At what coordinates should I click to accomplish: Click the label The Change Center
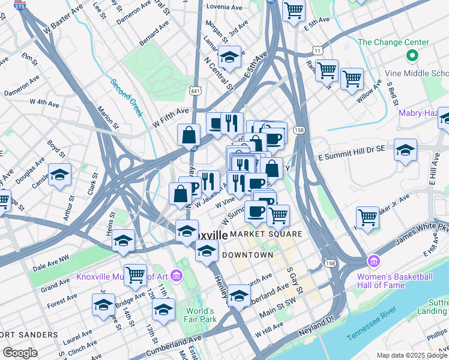(393, 42)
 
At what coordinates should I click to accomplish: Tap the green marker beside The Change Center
(412, 56)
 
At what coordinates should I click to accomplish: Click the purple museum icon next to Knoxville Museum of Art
(176, 276)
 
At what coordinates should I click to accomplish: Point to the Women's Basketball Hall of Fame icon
(374, 262)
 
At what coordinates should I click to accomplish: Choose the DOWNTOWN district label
(248, 255)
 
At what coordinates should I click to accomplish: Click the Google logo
(19, 353)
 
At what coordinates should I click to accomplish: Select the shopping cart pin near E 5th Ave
(294, 10)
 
